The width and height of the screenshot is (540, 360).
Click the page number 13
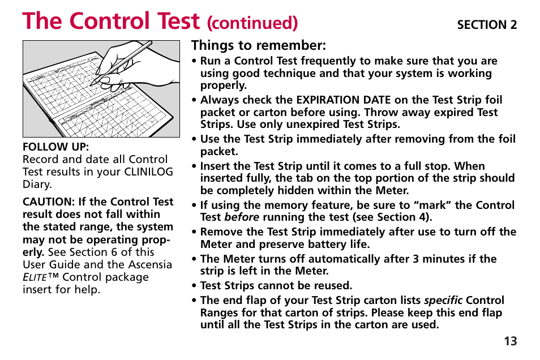point(510,341)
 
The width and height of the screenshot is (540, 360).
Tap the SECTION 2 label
point(487,25)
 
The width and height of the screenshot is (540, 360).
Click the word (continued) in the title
point(252,23)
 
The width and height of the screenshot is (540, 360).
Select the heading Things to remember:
point(259,45)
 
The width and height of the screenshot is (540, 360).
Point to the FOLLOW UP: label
point(55,147)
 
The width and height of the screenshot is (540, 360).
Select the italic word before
point(242,217)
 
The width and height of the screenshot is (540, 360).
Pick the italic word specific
point(443,301)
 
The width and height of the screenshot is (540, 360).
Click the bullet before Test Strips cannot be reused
point(194,286)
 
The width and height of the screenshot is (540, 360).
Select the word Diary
point(37,185)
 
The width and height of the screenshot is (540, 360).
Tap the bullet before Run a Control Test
point(194,62)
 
